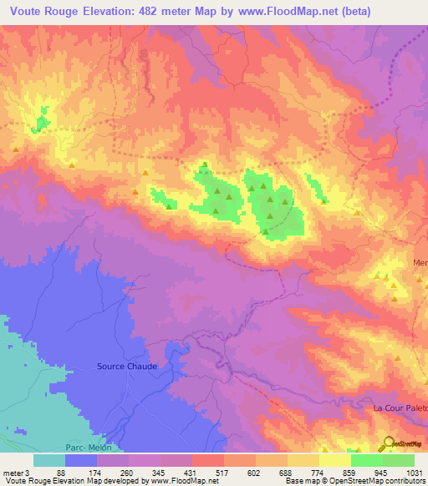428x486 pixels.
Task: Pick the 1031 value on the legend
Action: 415,472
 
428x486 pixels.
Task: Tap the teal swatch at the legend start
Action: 49,460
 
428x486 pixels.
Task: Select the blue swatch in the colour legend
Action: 81,460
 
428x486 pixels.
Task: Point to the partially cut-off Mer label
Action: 420,263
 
